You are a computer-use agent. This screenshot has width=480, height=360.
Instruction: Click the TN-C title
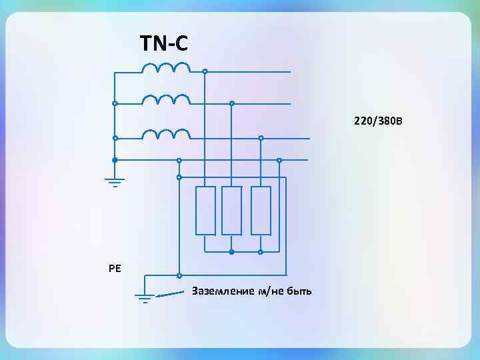164,44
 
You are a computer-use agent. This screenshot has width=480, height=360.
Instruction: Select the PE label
115,269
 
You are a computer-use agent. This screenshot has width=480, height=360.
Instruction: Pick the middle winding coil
166,99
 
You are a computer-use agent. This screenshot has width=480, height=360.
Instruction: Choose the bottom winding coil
166,134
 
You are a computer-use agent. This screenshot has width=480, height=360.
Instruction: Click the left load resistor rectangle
205,211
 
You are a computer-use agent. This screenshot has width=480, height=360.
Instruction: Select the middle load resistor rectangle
231,211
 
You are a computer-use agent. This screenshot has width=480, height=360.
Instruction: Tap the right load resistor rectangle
261,211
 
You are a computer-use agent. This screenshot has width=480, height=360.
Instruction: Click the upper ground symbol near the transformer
115,181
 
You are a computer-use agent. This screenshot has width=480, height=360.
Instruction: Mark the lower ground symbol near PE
145,297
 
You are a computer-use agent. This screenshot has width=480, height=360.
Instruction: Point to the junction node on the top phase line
205,71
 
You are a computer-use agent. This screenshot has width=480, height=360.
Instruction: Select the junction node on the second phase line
231,103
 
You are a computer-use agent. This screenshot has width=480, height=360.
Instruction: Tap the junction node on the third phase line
261,138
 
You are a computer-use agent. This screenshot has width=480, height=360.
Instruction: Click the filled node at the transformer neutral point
115,160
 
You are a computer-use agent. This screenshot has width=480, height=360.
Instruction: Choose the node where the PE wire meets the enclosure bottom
179,275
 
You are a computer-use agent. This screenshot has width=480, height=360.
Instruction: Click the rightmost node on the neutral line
279,160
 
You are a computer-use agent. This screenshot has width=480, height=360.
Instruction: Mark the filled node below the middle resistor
231,252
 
